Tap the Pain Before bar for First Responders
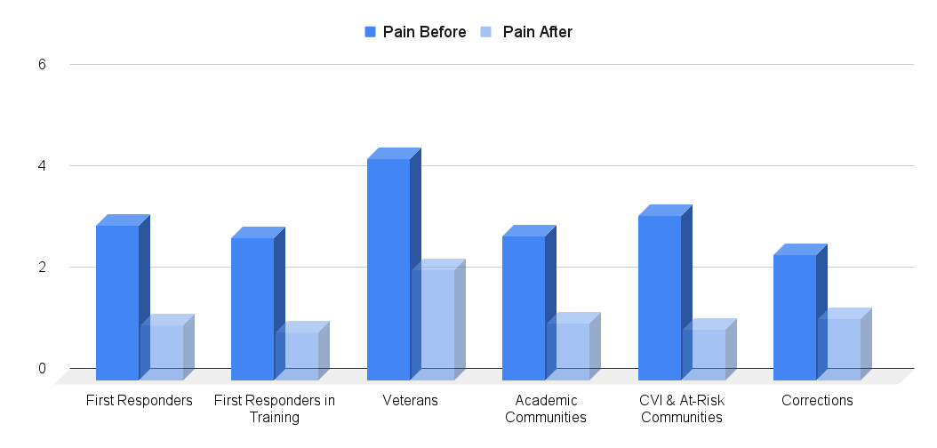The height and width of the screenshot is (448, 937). click(x=117, y=302)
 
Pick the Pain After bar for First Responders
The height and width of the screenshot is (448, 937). click(x=161, y=352)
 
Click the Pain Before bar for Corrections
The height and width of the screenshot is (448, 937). click(x=795, y=317)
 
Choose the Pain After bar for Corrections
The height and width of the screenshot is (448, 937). click(x=838, y=349)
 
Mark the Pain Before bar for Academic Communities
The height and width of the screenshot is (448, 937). click(x=524, y=308)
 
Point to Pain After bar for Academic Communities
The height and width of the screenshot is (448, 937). click(x=567, y=351)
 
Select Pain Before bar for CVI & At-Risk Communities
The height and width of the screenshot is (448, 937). click(x=660, y=298)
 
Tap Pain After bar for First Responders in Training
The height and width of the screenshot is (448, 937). click(x=296, y=356)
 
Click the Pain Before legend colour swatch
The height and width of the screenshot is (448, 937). click(x=371, y=32)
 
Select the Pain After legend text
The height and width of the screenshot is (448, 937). click(x=537, y=32)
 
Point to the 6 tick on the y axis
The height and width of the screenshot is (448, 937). click(x=42, y=65)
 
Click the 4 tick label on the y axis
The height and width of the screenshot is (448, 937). click(x=42, y=166)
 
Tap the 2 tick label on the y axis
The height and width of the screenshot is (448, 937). click(x=42, y=268)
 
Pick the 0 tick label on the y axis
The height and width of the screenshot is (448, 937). click(x=42, y=369)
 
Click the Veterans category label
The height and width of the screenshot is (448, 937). click(x=410, y=401)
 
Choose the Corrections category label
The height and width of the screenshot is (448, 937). click(x=817, y=401)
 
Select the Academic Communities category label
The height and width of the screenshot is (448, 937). click(x=546, y=409)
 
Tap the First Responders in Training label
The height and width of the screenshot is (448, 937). click(x=275, y=409)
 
